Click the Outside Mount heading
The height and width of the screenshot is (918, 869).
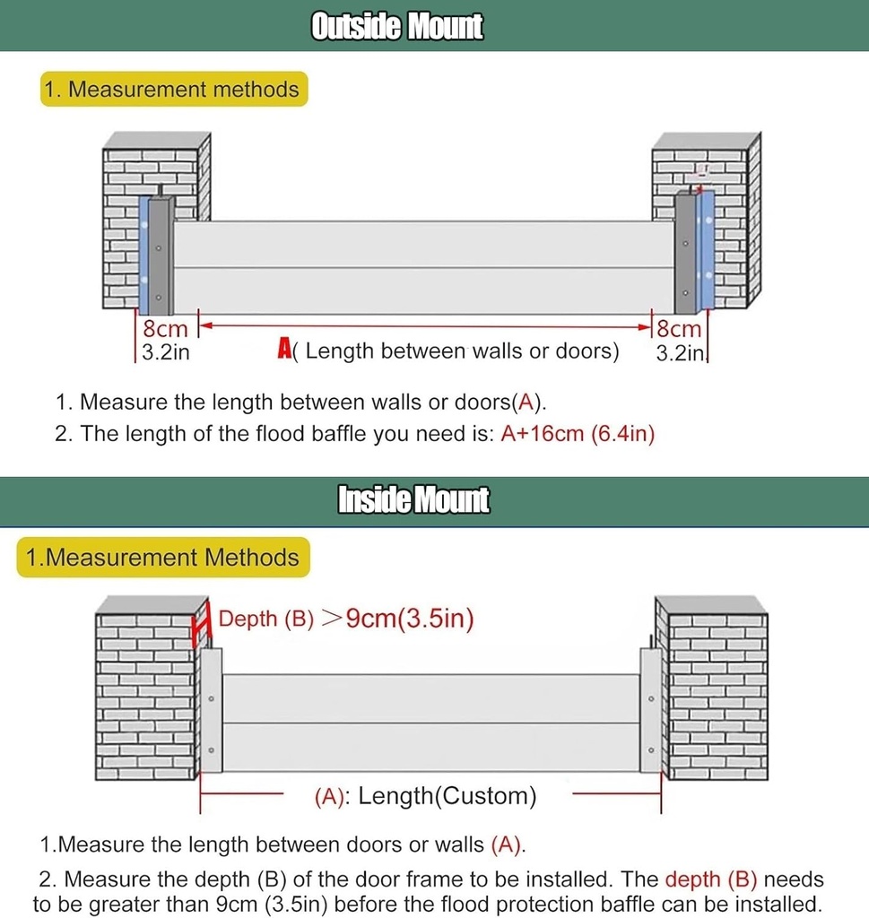[x=396, y=26]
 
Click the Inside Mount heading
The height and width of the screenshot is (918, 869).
[x=413, y=499]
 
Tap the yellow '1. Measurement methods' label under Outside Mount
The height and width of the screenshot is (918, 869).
[x=173, y=90]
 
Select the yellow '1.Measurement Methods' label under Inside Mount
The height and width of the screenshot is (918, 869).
[x=162, y=558]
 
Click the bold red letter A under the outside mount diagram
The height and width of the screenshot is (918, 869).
[x=284, y=350]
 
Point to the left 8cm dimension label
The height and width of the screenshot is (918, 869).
[x=165, y=330]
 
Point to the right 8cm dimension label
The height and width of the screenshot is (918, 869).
[x=679, y=330]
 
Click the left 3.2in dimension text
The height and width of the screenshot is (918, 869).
[x=166, y=352]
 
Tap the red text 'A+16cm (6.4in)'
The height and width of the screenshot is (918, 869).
[x=578, y=434]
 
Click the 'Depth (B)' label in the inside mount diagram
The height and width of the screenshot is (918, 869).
[x=266, y=619]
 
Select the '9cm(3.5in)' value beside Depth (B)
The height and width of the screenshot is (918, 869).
[x=409, y=619]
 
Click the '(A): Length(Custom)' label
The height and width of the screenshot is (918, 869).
[x=425, y=796]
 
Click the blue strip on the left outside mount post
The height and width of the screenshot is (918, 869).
[x=143, y=251]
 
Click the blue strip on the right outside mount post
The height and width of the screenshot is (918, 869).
[x=708, y=247]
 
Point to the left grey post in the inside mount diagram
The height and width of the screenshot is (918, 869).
[x=212, y=708]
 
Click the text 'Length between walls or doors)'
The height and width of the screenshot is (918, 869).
[x=462, y=351]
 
